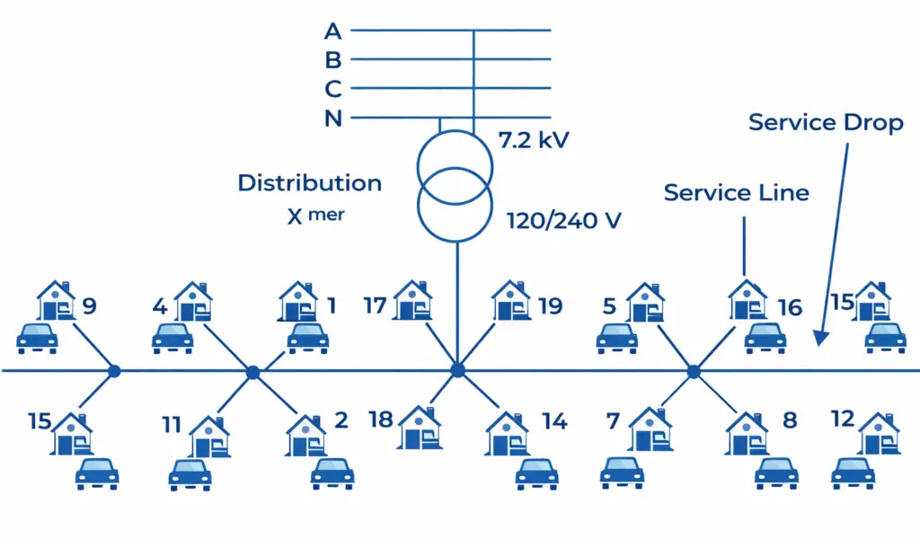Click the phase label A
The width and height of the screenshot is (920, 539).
tap(333, 31)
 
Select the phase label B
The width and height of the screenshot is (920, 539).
tap(333, 60)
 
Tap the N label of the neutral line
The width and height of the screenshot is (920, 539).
tap(333, 119)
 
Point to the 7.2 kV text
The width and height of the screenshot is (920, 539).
tap(534, 140)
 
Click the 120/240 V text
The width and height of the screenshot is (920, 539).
tap(562, 221)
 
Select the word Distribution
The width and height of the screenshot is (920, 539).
tap(309, 183)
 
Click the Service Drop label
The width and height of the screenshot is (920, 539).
tap(825, 122)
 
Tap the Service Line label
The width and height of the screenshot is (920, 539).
tap(736, 192)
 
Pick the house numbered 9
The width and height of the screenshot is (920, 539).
tap(56, 302)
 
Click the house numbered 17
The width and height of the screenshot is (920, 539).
tap(412, 301)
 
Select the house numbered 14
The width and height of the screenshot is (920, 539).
tap(508, 432)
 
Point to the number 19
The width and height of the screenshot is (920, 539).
tap(550, 306)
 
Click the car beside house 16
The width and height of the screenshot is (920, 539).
tap(765, 338)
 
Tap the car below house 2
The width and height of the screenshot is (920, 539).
tap(332, 473)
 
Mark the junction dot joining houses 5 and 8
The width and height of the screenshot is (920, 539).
tap(693, 371)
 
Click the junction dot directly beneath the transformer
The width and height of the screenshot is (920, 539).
tap(457, 370)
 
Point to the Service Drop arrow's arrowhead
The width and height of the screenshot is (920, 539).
tap(819, 339)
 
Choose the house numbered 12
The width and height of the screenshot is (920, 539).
tap(879, 433)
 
